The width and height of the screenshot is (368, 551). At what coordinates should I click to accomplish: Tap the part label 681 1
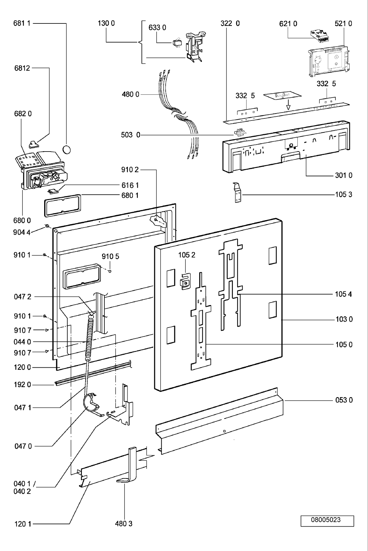coord(22,23)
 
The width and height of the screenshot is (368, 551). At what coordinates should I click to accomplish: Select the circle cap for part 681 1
coord(67,149)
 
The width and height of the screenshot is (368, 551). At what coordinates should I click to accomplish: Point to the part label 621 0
coord(288,23)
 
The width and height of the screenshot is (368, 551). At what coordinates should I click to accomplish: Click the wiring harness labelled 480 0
coord(181,114)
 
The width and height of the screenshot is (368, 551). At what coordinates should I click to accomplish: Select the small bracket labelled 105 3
coord(237,193)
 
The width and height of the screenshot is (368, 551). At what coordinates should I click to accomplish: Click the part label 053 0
coord(344,400)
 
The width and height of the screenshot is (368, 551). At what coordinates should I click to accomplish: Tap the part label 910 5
coord(110,257)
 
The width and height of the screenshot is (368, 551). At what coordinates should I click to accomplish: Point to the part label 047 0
coord(23,446)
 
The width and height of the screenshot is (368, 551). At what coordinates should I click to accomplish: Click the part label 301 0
coord(344,175)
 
